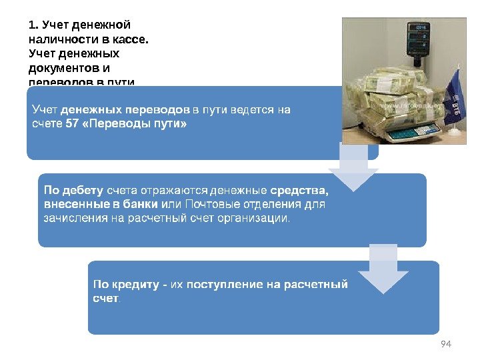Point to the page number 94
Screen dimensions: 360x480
tap(447, 343)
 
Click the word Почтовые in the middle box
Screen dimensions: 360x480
tap(210, 205)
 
